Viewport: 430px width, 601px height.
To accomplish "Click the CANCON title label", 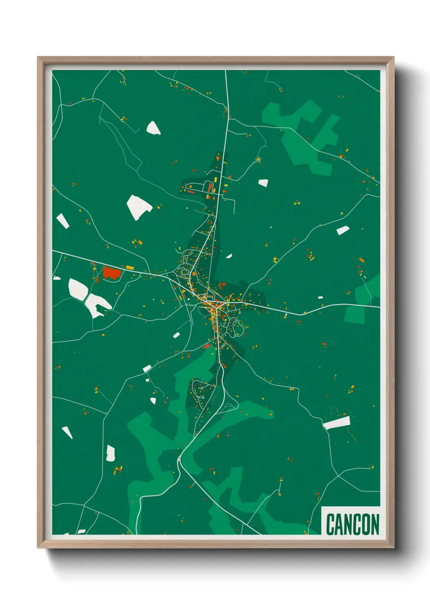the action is click(x=352, y=524).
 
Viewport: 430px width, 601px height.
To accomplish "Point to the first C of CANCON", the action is click(x=330, y=524).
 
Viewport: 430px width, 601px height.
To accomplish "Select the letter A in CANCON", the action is click(x=340, y=524).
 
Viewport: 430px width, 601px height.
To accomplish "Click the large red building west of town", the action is click(x=111, y=272).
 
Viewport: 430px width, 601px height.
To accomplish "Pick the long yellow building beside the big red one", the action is click(x=130, y=267).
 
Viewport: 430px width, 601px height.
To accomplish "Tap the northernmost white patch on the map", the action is click(x=153, y=128).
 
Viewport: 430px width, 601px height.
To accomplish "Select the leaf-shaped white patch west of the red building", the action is click(x=78, y=289).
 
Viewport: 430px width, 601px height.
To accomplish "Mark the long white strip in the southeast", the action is click(x=337, y=423).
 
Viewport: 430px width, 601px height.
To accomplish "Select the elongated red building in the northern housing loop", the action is click(x=210, y=187).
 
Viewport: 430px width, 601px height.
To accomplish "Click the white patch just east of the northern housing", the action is click(x=263, y=183).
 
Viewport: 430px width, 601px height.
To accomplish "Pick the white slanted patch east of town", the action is click(x=343, y=230).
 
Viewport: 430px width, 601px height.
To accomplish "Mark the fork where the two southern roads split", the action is click(x=179, y=459).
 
